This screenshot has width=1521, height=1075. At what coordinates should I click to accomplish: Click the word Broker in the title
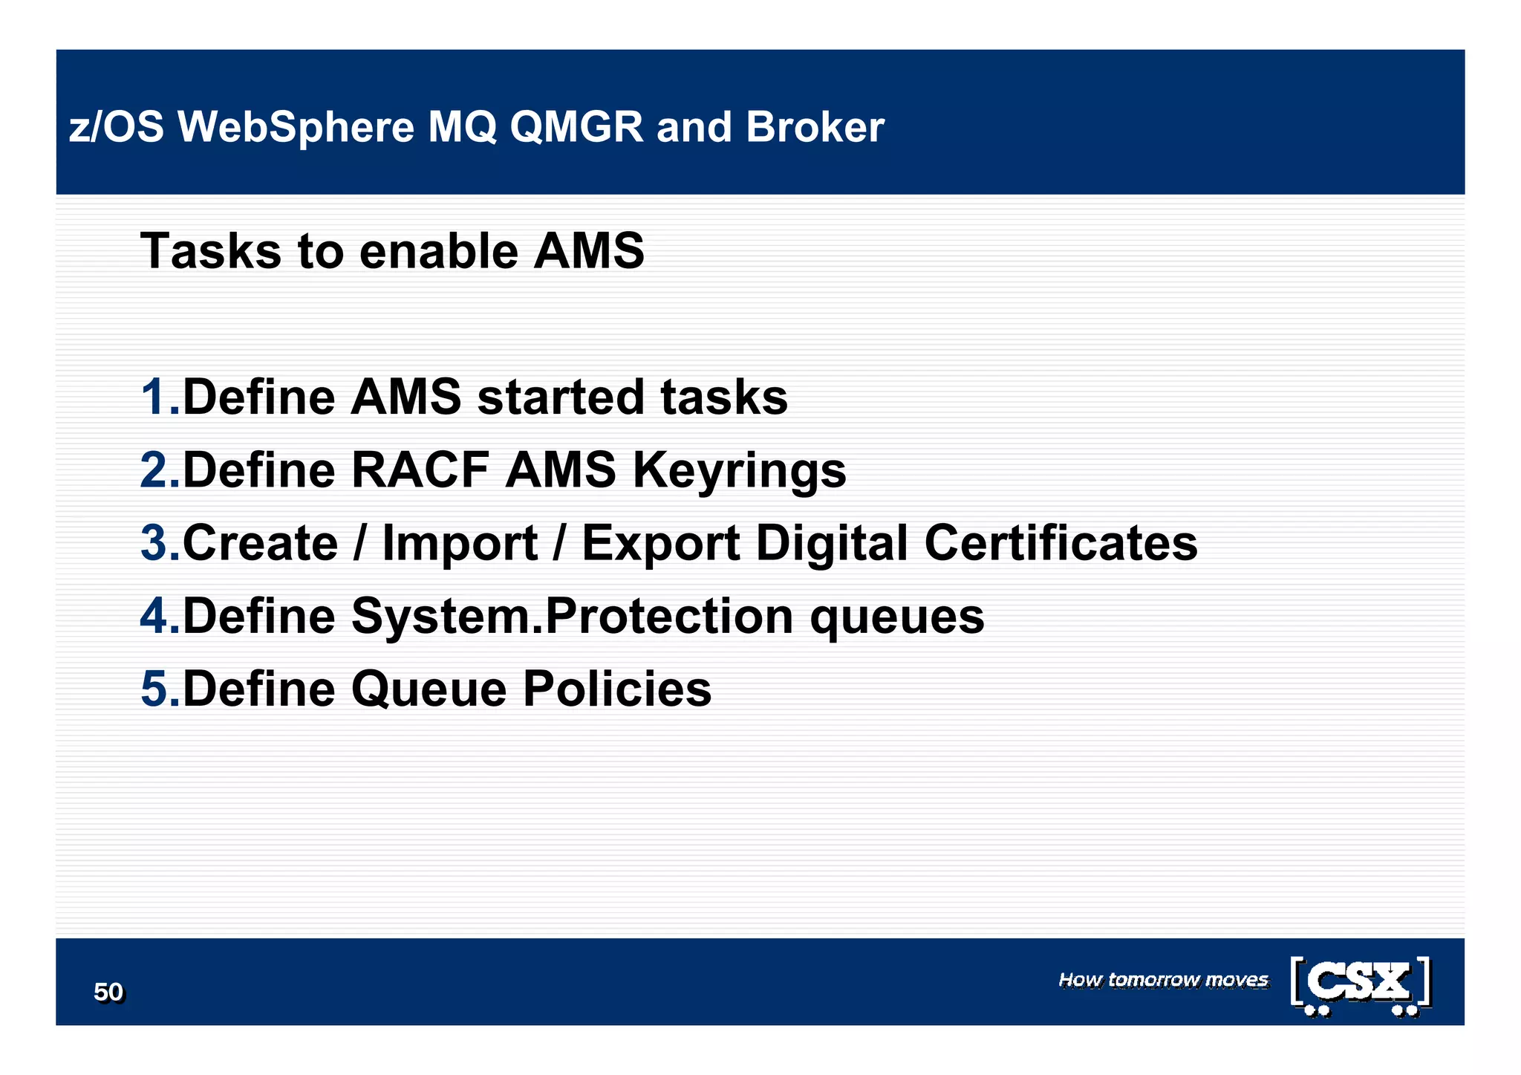pos(815,127)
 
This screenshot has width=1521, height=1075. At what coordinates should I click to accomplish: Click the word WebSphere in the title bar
pos(296,127)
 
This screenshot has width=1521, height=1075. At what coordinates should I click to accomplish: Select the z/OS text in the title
pos(116,127)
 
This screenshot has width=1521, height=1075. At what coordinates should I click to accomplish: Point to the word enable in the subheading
pos(438,251)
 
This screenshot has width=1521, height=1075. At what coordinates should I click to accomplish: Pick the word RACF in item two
pos(419,470)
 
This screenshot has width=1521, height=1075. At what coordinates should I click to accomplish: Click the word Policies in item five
pos(616,689)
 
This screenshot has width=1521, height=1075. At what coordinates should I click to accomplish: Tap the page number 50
pos(108,992)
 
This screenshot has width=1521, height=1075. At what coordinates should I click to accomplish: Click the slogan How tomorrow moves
pos(1163,980)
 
